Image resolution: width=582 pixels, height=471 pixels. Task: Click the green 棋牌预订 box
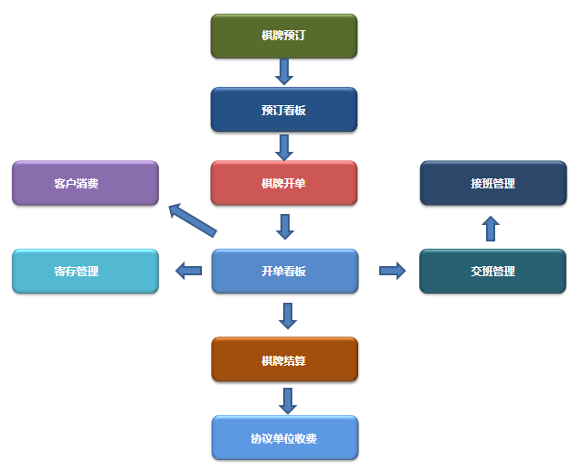click(283, 37)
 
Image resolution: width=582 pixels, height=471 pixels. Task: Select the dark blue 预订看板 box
click(283, 110)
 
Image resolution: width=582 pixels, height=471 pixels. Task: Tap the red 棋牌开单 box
click(283, 183)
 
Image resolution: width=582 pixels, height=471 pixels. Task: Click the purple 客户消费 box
click(85, 183)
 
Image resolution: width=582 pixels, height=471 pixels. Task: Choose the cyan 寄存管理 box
click(85, 271)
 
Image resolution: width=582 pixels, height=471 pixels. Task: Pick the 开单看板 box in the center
click(283, 271)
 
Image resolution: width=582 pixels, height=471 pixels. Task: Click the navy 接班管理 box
click(492, 183)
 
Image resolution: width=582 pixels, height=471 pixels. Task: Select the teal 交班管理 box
click(492, 271)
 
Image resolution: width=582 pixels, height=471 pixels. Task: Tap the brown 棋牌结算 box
click(283, 359)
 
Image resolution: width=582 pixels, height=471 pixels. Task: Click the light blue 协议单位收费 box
click(283, 438)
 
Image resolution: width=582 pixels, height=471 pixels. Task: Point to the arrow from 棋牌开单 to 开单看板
click(286, 226)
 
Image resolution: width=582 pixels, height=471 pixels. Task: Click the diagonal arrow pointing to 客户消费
click(192, 219)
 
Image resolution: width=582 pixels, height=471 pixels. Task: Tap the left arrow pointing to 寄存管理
click(189, 270)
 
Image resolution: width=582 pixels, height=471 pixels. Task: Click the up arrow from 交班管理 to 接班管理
click(491, 228)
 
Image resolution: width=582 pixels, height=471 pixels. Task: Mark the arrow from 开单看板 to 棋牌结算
click(288, 316)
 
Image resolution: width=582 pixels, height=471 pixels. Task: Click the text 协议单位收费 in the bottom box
click(283, 438)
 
